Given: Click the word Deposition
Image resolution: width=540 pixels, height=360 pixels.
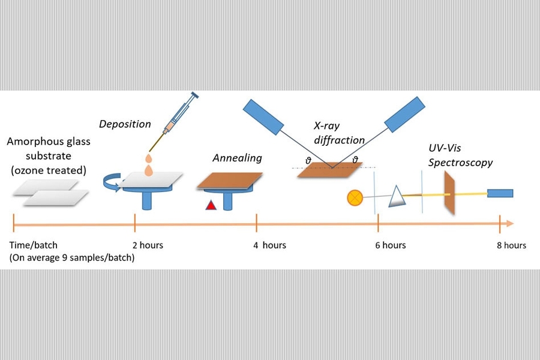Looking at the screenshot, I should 125,124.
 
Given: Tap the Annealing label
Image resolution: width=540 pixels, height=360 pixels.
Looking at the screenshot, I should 237,158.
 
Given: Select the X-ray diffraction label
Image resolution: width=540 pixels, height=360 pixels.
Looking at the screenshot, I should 339,133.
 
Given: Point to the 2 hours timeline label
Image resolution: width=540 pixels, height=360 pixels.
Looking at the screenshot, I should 148,245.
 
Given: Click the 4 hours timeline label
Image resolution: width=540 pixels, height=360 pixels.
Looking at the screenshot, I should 269,245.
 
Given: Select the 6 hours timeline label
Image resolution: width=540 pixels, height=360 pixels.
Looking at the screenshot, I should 390,245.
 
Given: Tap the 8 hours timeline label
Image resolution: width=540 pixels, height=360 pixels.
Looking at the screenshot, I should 511,245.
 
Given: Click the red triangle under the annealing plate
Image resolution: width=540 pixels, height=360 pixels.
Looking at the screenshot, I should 211,205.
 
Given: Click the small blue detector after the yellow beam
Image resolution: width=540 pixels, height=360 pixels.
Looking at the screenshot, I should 500,194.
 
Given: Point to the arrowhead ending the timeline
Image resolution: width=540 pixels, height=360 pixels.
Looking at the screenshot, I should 510,224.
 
